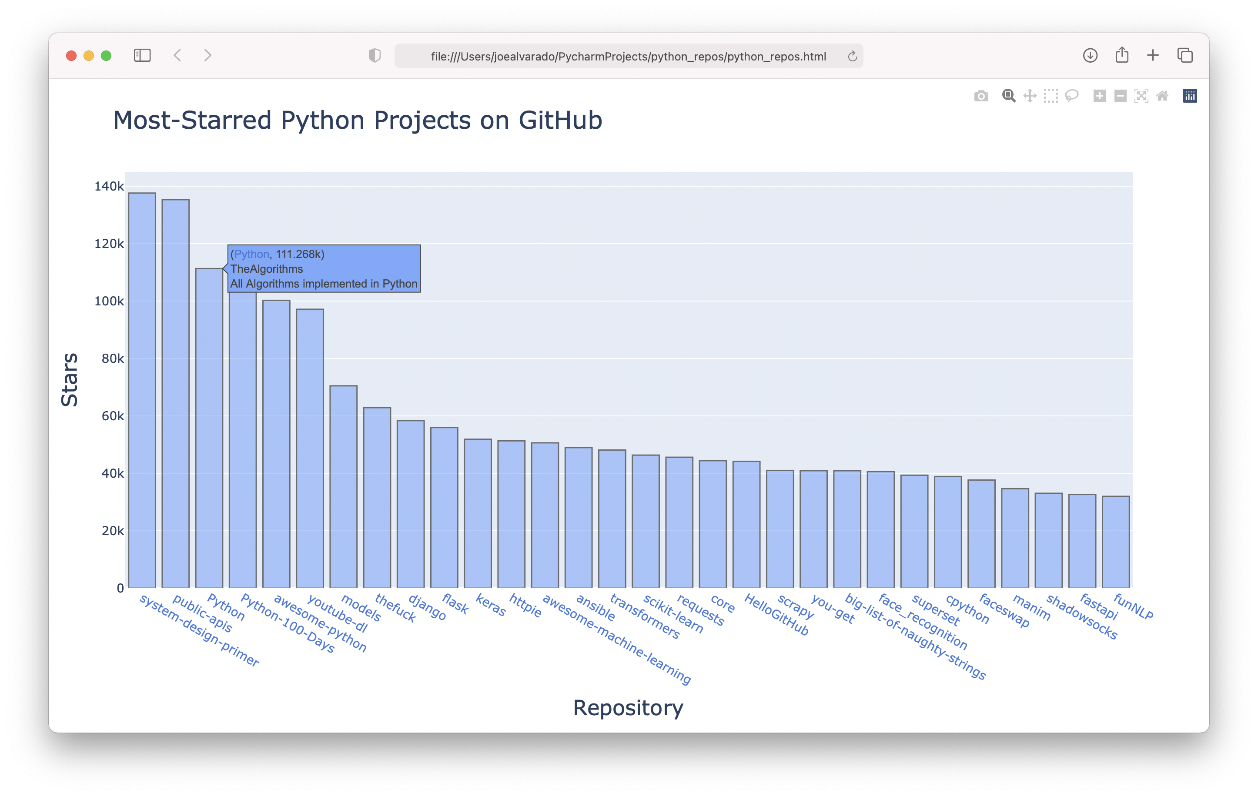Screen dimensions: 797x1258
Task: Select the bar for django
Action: (x=410, y=504)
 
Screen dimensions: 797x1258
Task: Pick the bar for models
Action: (x=343, y=486)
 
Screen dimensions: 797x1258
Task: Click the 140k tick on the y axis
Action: (x=109, y=186)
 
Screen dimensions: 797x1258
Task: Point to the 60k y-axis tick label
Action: (x=112, y=416)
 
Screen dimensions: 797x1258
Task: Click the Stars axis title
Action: (x=70, y=379)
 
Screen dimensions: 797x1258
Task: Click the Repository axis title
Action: (x=628, y=708)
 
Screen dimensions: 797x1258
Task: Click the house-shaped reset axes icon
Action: (x=1162, y=96)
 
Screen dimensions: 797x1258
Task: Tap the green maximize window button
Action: (x=106, y=55)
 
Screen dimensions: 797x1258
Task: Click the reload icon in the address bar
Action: (x=852, y=56)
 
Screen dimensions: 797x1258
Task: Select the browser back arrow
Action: (x=177, y=55)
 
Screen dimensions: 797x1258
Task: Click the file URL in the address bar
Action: (x=628, y=57)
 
